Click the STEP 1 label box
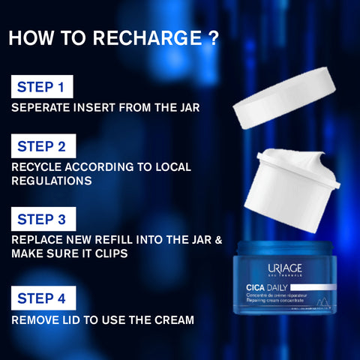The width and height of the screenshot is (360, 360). pos(42,87)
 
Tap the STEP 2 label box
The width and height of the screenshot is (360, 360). pos(42,146)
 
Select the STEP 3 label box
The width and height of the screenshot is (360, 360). pos(42,219)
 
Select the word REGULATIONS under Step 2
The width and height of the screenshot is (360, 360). pos(51,181)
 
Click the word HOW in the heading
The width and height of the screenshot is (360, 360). pos(31,38)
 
